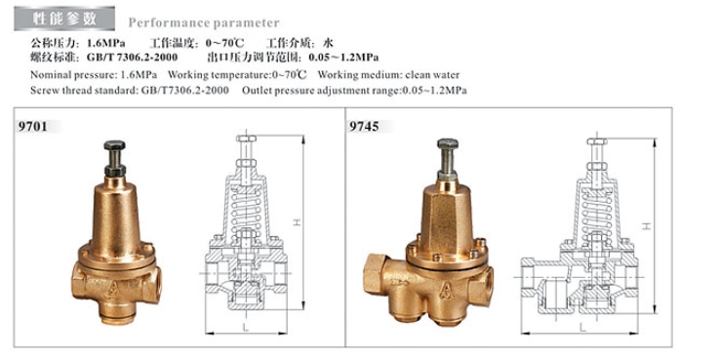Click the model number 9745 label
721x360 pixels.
[x=363, y=127]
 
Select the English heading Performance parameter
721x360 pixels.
[x=204, y=22]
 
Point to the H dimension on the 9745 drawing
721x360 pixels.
[x=648, y=225]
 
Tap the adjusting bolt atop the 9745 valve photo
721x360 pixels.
[x=448, y=153]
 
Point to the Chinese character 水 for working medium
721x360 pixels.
[x=329, y=43]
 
